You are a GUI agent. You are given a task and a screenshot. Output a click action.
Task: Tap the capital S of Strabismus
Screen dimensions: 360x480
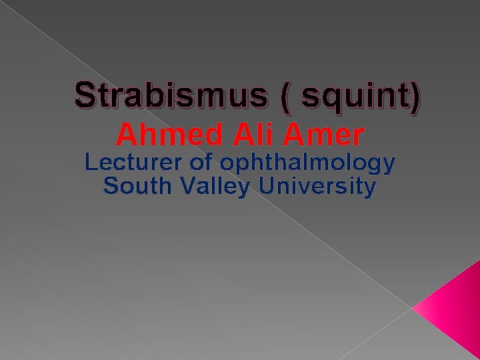[x=86, y=97]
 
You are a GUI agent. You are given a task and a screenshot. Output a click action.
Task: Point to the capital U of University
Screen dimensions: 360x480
[x=265, y=187]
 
